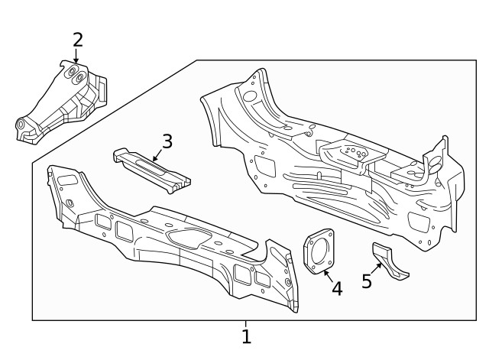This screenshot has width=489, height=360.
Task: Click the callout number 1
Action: (x=246, y=336)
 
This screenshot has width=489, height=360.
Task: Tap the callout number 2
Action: (x=77, y=39)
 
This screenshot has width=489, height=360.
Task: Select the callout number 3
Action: (x=167, y=141)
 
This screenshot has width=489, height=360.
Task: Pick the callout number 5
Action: (x=367, y=281)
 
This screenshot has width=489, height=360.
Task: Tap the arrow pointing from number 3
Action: (x=157, y=154)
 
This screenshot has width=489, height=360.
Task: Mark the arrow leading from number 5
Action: (x=377, y=269)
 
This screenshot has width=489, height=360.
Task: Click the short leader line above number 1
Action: (x=246, y=324)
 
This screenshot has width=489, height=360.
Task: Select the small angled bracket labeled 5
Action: (x=388, y=261)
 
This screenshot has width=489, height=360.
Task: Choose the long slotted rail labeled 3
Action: (x=151, y=168)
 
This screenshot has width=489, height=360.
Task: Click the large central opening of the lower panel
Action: (x=186, y=238)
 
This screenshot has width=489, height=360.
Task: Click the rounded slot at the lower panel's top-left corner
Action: (x=66, y=180)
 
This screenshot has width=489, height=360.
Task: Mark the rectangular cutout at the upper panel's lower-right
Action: (x=418, y=222)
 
